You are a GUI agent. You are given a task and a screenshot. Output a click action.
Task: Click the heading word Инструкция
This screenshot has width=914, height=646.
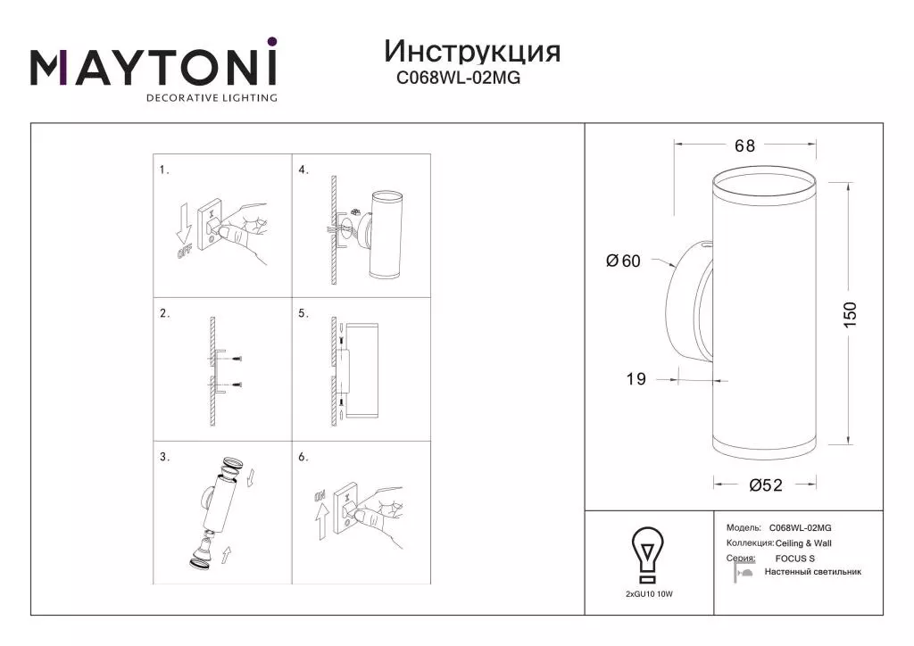click(x=472, y=53)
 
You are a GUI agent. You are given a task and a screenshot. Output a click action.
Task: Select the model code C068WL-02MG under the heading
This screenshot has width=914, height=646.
click(x=458, y=78)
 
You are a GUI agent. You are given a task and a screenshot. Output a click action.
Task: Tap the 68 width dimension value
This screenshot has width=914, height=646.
click(x=744, y=145)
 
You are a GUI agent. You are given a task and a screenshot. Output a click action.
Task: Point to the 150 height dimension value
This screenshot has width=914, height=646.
click(x=850, y=314)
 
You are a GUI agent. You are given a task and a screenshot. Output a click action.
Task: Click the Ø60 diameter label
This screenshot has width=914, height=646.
click(x=623, y=261)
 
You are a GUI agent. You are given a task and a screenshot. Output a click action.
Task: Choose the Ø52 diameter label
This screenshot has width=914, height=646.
click(x=765, y=484)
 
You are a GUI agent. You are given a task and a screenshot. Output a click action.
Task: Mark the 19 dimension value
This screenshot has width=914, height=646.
click(x=636, y=379)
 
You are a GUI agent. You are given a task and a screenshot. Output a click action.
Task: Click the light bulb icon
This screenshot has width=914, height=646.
click(x=648, y=555)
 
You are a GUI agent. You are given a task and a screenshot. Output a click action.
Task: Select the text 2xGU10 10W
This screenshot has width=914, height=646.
click(x=649, y=594)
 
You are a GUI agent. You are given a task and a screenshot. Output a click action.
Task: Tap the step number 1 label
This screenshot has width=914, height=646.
click(x=164, y=170)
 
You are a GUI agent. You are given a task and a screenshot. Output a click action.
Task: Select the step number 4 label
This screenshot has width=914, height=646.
click(x=303, y=170)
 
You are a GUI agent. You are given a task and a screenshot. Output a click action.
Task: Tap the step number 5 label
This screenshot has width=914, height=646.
click(x=303, y=313)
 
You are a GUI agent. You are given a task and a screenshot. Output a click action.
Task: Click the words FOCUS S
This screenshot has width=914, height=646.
click(x=795, y=558)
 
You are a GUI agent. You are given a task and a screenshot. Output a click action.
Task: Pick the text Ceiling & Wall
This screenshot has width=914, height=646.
click(x=803, y=542)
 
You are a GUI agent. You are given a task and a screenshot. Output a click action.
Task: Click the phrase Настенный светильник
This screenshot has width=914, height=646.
click(x=812, y=572)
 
